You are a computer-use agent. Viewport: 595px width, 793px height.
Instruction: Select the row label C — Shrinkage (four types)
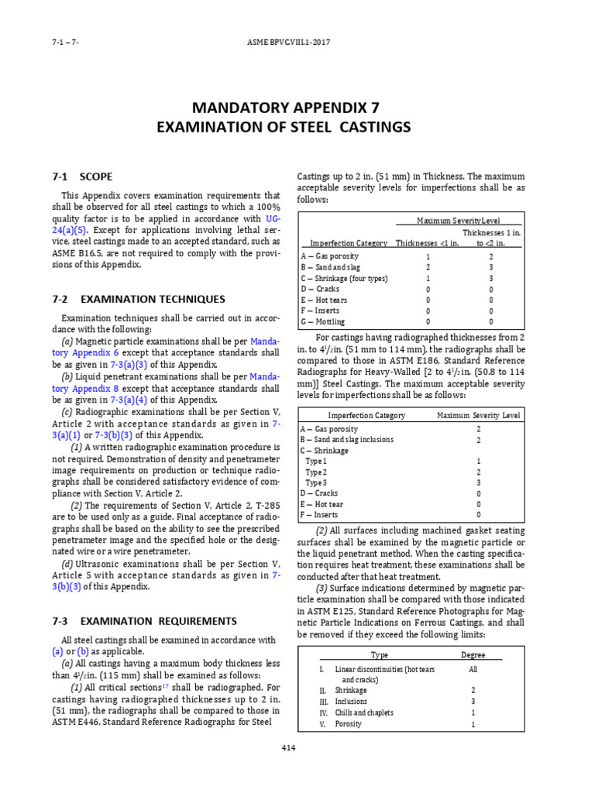coord(344,278)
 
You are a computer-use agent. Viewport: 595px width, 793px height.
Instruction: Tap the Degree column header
coord(473,654)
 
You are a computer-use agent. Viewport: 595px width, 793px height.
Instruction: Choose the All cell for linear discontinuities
coord(473,668)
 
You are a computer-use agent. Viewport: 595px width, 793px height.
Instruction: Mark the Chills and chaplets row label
coord(364,712)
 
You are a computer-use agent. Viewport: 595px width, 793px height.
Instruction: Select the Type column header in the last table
coord(380,654)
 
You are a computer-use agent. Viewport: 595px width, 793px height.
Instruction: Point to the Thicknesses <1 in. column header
coord(428,243)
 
